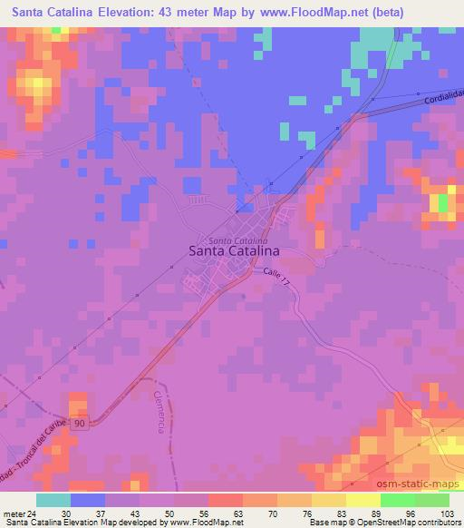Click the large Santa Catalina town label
click(x=233, y=252)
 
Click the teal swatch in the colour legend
click(x=53, y=500)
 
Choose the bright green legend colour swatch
click(x=398, y=500)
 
